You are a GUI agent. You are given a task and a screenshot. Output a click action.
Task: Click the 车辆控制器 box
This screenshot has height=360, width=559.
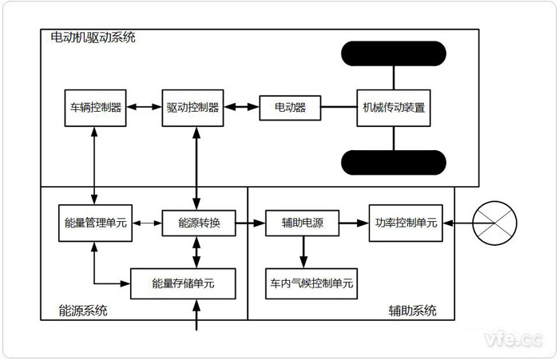95,108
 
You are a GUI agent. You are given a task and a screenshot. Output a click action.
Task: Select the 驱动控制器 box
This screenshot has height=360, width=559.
192,108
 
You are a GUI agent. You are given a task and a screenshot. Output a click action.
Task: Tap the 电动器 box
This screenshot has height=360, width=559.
291,108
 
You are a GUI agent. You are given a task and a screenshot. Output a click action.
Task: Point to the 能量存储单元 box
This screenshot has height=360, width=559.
183,283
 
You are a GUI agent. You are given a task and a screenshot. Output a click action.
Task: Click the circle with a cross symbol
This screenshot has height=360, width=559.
495,223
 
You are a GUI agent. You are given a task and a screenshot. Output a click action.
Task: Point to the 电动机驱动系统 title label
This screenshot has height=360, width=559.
93,38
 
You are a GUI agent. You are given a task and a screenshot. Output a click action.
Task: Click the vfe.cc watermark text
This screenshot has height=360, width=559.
515,339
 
